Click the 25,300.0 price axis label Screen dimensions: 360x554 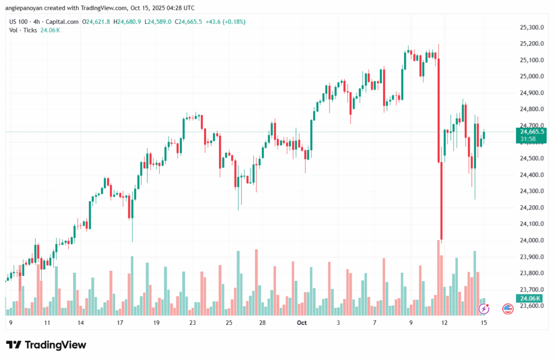tap(531, 27)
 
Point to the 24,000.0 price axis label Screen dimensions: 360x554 tap(531, 240)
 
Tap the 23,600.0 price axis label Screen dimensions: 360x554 tap(531, 306)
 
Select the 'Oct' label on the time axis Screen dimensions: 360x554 tap(301, 323)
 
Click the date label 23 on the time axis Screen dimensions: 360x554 tap(193, 323)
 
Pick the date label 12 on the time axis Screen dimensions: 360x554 tap(445, 323)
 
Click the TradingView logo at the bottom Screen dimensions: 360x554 tap(46, 345)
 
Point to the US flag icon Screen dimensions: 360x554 tap(507, 309)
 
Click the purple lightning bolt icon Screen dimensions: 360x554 tap(484, 309)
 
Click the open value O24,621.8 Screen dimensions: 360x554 tap(96, 21)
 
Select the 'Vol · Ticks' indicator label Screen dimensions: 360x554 tap(23, 30)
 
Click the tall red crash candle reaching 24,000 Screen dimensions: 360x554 tap(441, 200)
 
